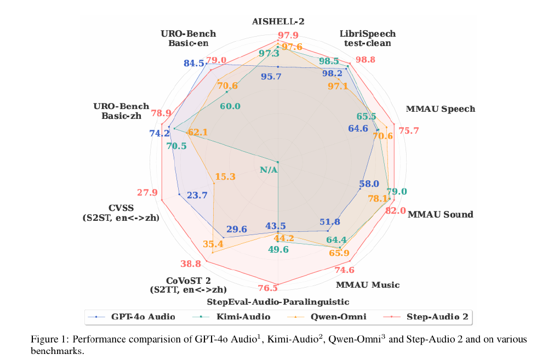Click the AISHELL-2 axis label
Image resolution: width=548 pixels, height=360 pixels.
(278, 22)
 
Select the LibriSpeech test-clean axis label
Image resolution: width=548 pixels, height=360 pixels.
(367, 38)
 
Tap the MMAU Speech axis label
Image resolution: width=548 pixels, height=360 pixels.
(440, 109)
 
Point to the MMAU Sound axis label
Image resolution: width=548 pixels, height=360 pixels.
(440, 214)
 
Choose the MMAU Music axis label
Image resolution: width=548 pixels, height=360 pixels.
(367, 285)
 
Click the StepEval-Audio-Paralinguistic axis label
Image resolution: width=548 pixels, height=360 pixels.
(278, 302)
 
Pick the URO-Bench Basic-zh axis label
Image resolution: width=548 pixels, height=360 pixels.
(118, 110)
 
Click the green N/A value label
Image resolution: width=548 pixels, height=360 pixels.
(269, 170)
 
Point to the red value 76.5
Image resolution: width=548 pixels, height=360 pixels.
(267, 289)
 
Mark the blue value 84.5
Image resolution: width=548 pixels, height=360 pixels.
(194, 64)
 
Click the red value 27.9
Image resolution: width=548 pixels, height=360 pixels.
(147, 192)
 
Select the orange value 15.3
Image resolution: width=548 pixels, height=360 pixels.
(225, 176)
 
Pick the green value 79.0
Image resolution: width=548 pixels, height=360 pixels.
(397, 191)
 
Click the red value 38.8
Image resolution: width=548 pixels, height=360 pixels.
(190, 264)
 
